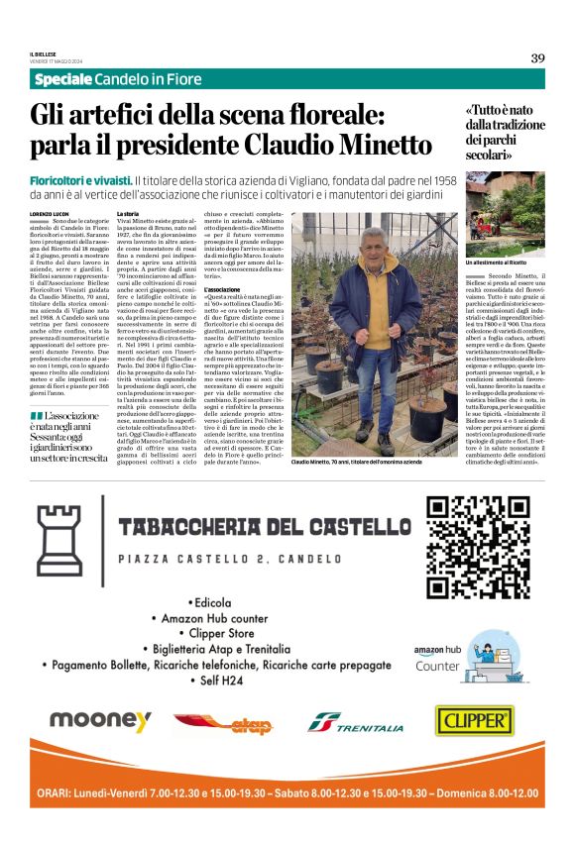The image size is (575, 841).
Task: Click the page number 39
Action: [537, 57]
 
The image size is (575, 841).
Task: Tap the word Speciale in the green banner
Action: [64, 79]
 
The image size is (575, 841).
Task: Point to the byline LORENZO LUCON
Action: [50, 214]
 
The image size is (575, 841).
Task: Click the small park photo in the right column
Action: [505, 211]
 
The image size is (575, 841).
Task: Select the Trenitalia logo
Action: [354, 723]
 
